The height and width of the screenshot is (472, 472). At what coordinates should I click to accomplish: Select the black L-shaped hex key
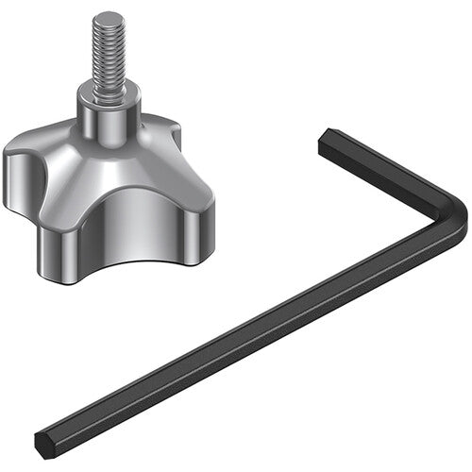pyautogui.click(x=283, y=321)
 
